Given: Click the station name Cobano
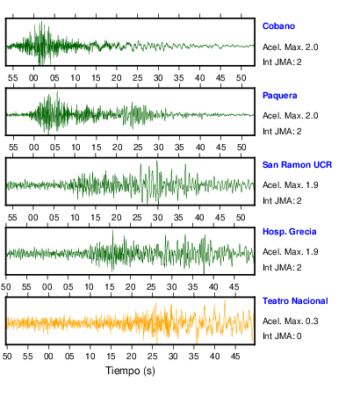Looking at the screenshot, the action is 278,26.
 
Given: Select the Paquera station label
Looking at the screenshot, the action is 279,96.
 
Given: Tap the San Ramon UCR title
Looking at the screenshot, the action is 297,165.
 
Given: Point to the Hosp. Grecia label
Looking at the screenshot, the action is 289,232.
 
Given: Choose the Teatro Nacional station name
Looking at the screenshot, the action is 295,301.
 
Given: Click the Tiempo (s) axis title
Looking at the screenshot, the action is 130,371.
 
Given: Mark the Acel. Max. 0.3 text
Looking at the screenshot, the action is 290,321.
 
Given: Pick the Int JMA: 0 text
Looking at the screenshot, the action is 282,335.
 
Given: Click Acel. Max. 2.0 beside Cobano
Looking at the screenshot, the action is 290,47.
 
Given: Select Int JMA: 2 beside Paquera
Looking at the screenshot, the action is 282,132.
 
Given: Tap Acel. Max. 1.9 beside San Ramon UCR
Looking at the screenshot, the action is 290,185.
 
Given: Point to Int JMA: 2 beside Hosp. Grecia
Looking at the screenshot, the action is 282,268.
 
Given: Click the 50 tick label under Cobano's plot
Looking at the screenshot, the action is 241,78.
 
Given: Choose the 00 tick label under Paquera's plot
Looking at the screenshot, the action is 34,148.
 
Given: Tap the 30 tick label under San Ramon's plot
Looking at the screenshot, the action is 157,218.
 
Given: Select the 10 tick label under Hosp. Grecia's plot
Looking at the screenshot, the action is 89,287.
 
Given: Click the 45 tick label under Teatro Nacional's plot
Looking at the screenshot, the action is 235,357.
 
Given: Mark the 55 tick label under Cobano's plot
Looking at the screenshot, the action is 13,78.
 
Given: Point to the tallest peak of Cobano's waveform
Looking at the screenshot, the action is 41,21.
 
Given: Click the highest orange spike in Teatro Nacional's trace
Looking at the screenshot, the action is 225,300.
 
